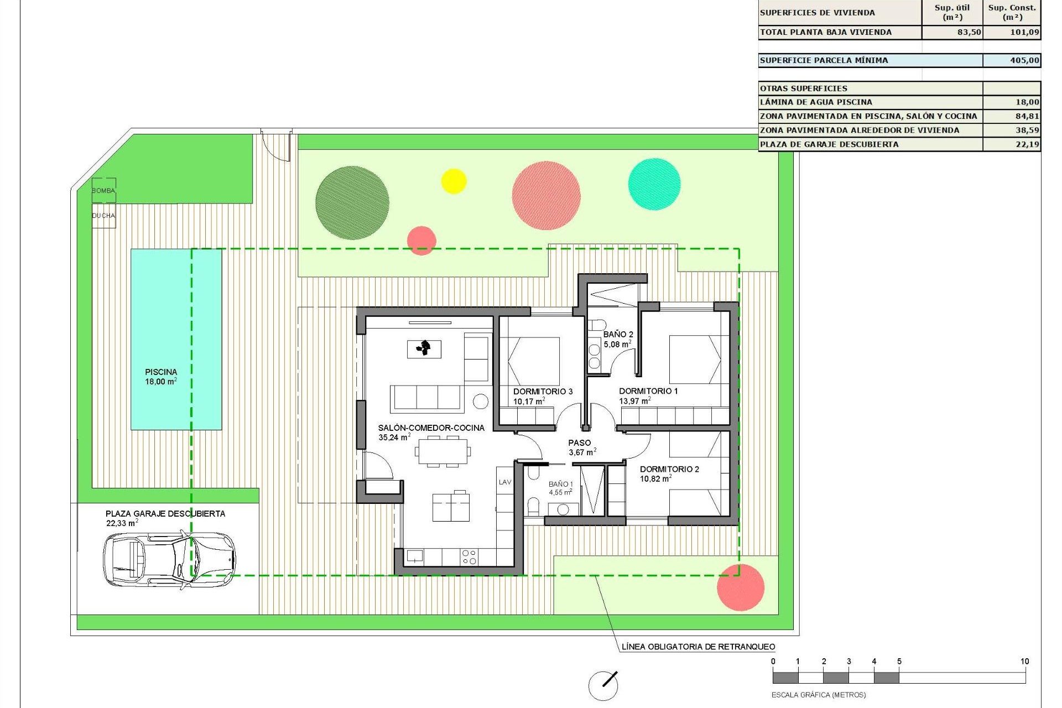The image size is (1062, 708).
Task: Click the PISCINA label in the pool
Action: click(x=161, y=372)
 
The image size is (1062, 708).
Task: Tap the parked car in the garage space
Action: click(x=169, y=559)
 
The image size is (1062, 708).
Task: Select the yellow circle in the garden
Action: click(x=454, y=181)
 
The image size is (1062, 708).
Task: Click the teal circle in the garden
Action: click(x=654, y=184)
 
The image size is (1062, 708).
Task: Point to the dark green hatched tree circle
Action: click(x=352, y=202)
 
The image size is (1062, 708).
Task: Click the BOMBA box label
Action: click(x=103, y=190)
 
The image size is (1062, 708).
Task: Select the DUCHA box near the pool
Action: click(x=103, y=216)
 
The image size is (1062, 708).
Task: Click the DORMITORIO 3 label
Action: click(x=543, y=392)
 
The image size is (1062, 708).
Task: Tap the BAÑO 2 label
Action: click(x=618, y=335)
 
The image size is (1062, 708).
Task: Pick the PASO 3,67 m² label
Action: click(x=580, y=447)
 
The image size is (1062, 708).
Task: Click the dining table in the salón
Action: click(x=442, y=451)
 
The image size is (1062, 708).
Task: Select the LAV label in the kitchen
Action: click(x=505, y=482)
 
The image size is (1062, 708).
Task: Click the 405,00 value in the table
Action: click(x=1024, y=60)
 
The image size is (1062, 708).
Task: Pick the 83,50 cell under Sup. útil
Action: click(x=969, y=32)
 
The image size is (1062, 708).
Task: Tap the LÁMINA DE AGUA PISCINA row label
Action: click(x=816, y=102)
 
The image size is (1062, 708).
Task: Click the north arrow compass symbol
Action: click(x=603, y=685)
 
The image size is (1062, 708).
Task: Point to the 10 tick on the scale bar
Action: click(x=1024, y=662)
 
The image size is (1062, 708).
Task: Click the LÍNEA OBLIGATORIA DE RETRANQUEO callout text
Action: click(x=698, y=647)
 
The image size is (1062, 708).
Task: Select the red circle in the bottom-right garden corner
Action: click(x=741, y=587)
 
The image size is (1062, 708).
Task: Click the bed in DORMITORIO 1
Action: click(x=695, y=360)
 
